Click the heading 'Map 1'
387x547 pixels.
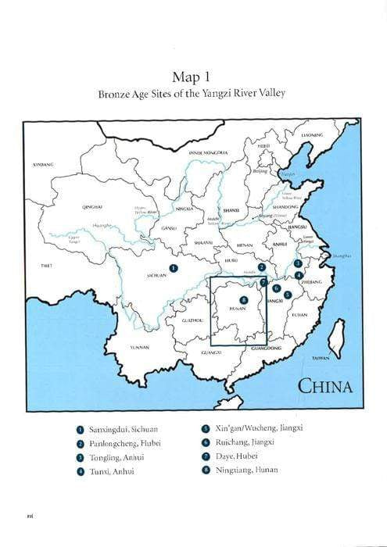pos(192,77)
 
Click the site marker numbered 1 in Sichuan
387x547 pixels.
pos(174,267)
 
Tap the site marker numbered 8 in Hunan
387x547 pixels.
pos(244,300)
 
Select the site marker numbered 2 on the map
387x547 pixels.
pos(263,267)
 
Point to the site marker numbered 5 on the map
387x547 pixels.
pos(288,295)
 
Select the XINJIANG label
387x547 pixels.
pos(43,165)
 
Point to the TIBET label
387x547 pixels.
pos(46,265)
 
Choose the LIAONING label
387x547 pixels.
pos(312,135)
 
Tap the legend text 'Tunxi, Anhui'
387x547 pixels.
pos(111,470)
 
